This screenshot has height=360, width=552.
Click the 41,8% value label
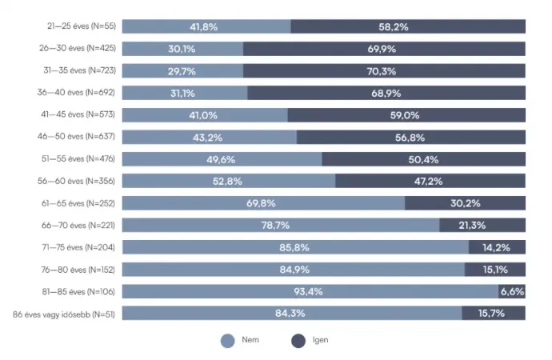[x=204, y=26]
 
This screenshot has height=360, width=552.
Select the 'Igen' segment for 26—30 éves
[x=384, y=48]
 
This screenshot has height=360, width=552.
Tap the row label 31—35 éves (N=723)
[x=80, y=70]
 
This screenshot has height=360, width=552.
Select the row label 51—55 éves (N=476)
[x=80, y=158]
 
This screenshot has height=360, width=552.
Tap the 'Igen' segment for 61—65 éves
[x=465, y=203]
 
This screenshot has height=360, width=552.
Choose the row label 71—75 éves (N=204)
[x=80, y=247]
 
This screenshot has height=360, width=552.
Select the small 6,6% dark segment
[x=512, y=291]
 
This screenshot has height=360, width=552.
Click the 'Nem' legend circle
[x=227, y=340]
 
